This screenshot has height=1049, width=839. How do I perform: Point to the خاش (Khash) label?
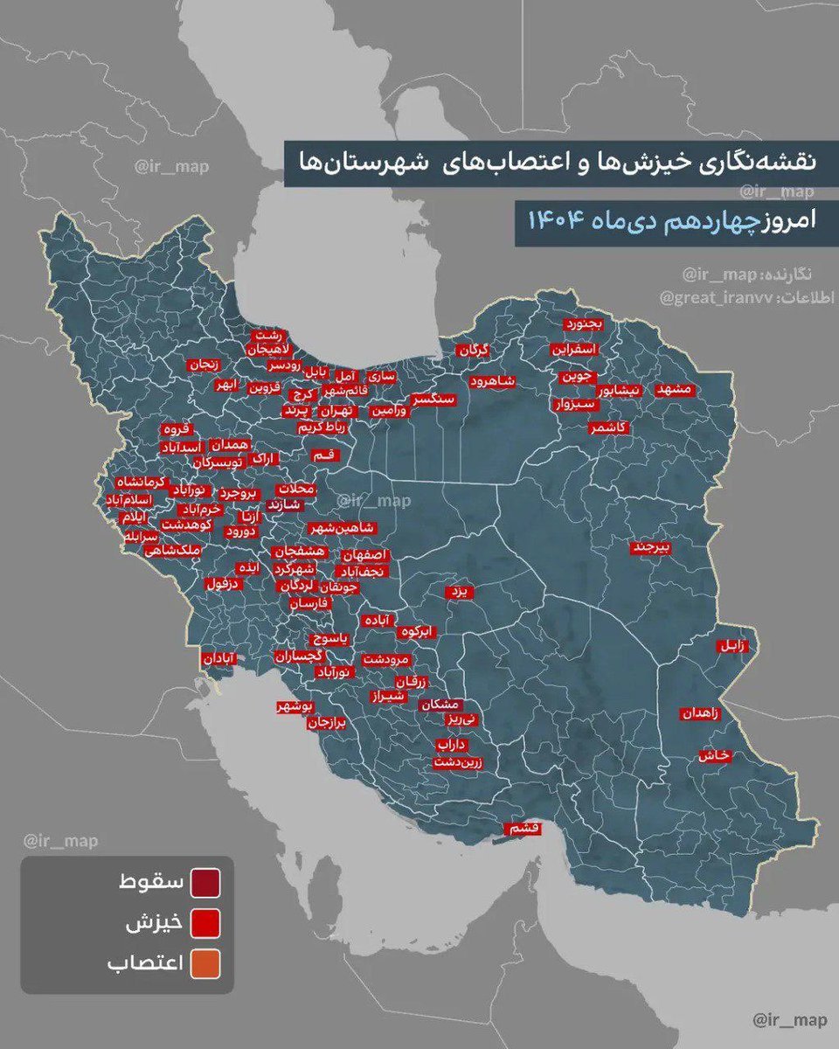(712, 756)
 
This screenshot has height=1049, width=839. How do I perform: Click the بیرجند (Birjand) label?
(652, 548)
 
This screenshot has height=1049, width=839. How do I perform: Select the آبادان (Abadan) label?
(218, 657)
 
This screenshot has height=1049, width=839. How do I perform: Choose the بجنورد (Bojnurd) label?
(583, 324)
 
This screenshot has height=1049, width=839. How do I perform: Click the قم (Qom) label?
(321, 455)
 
